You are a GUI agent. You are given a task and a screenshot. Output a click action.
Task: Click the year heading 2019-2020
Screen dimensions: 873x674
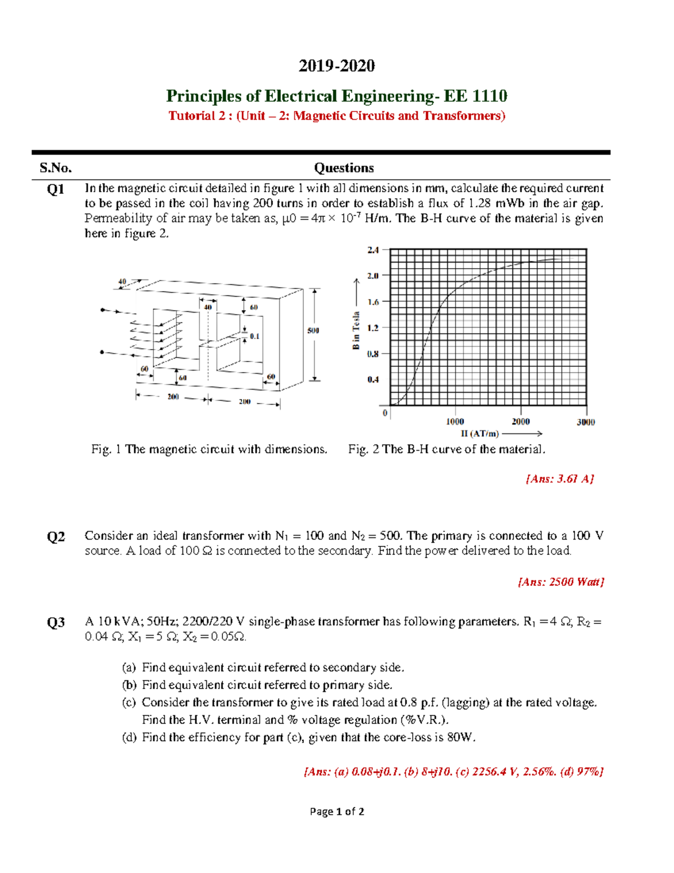click(x=336, y=66)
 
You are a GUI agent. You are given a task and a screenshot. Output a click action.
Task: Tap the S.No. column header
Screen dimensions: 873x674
click(x=56, y=168)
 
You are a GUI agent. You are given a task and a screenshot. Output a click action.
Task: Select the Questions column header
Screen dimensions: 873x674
click(x=344, y=168)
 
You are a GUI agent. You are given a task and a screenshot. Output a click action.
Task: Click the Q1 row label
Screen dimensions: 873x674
click(x=56, y=189)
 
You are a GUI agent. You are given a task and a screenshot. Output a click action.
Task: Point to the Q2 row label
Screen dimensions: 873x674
click(x=56, y=537)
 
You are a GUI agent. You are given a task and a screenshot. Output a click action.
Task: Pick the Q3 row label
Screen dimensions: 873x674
click(x=56, y=623)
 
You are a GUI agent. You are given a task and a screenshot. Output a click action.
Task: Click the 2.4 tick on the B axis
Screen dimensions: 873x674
click(x=374, y=250)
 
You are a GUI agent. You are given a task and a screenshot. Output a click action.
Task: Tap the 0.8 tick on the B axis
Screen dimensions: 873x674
click(x=374, y=354)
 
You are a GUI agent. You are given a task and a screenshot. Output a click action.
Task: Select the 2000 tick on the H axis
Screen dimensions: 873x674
click(x=521, y=422)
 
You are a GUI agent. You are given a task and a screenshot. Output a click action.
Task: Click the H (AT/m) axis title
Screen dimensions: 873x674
click(x=480, y=433)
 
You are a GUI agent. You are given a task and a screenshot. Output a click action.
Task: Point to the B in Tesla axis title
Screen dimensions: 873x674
click(x=356, y=330)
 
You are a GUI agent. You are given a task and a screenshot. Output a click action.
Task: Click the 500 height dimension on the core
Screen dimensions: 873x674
click(x=313, y=331)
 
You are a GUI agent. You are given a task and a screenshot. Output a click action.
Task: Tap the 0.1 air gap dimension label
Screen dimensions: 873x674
click(x=255, y=336)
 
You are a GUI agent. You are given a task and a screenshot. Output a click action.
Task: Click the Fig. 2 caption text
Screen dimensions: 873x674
click(x=447, y=449)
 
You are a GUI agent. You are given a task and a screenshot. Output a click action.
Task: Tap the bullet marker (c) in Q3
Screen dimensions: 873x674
click(x=129, y=702)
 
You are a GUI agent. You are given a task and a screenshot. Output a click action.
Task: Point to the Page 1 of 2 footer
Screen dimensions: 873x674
click(x=337, y=811)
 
